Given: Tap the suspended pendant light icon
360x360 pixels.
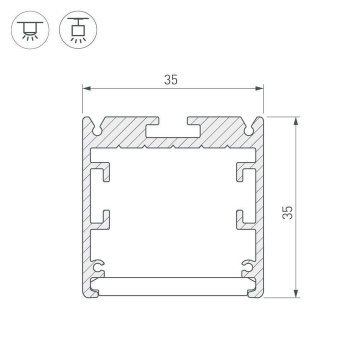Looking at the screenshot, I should [78, 30].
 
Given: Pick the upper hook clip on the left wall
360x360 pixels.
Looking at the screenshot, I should [102, 173].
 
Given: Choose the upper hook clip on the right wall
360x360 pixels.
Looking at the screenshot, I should [243, 173].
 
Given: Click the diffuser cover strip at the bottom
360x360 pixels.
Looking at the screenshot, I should [173, 286].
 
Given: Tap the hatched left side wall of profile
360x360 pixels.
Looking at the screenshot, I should [85, 210].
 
